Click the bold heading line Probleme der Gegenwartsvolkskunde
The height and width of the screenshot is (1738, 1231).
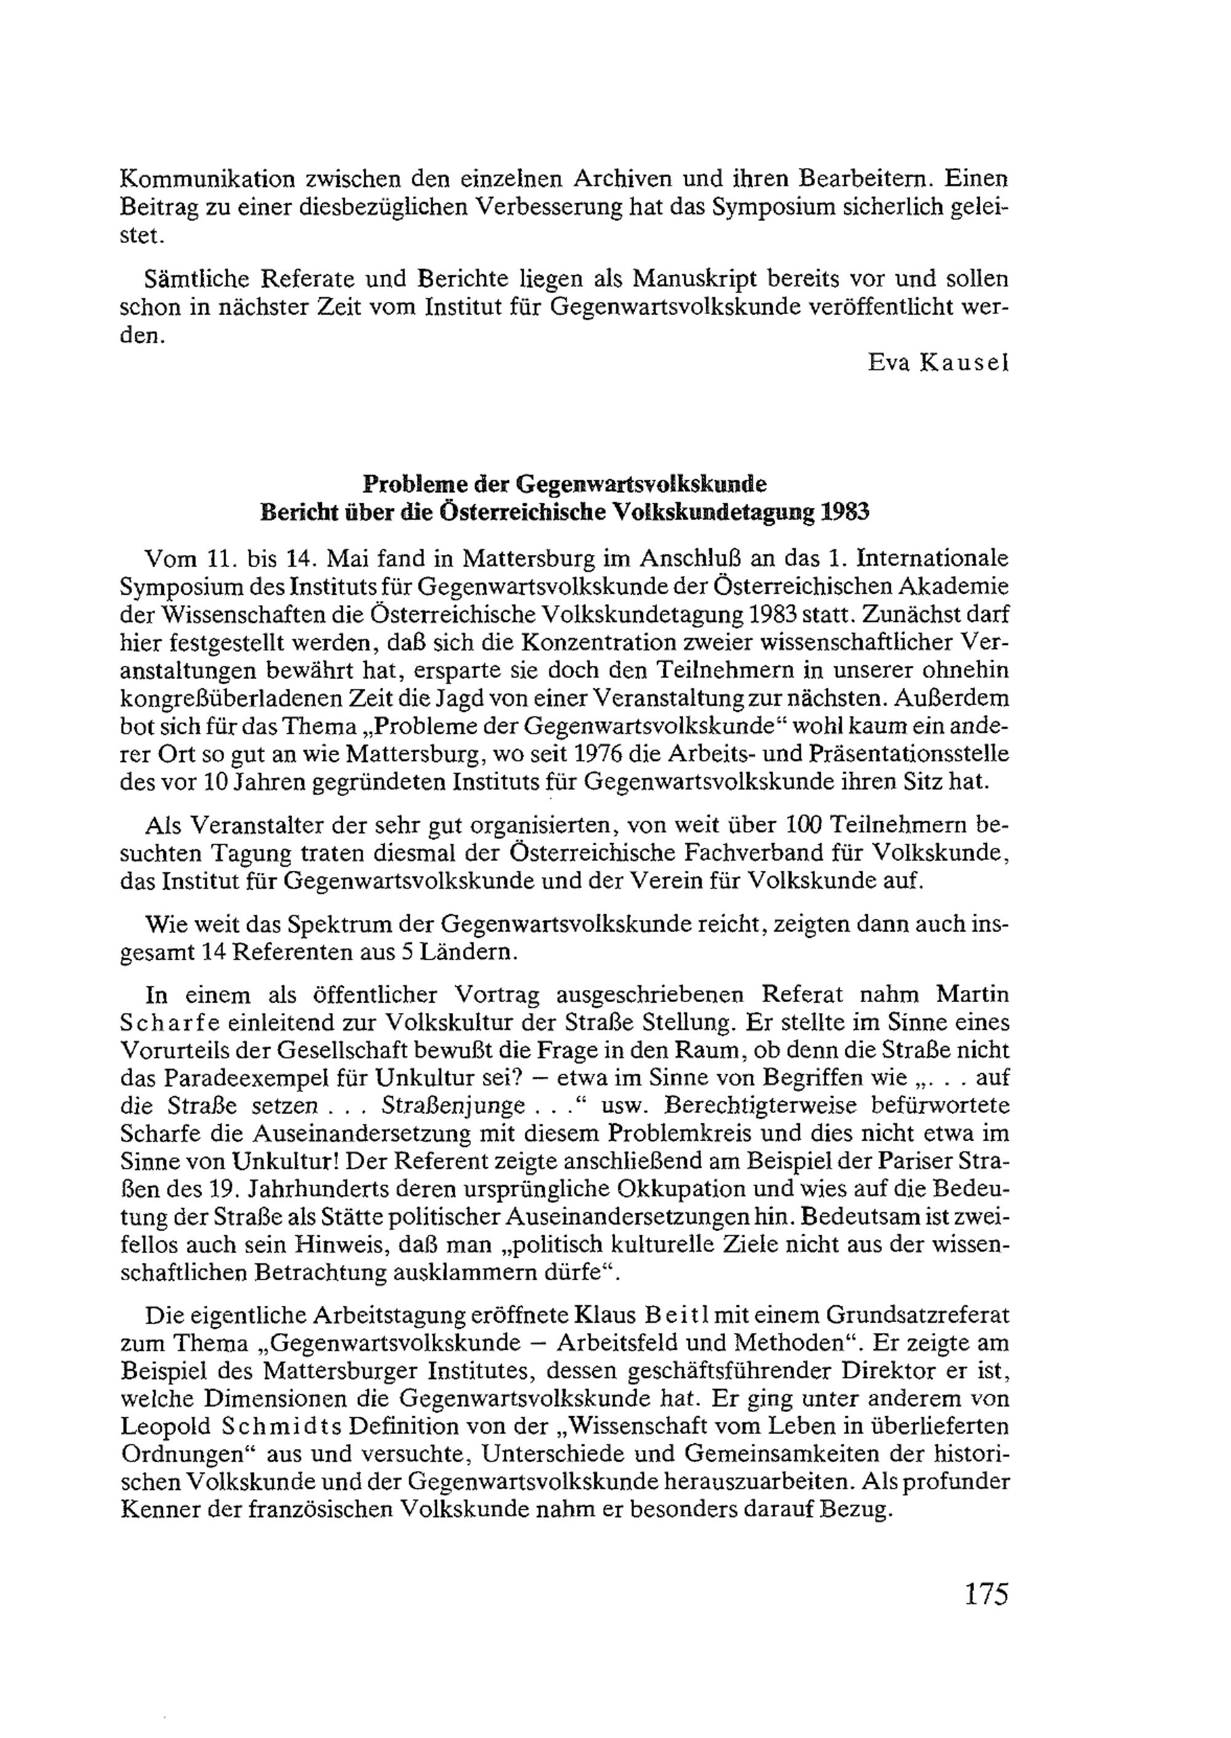(x=564, y=484)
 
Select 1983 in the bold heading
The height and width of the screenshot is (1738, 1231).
(x=844, y=513)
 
